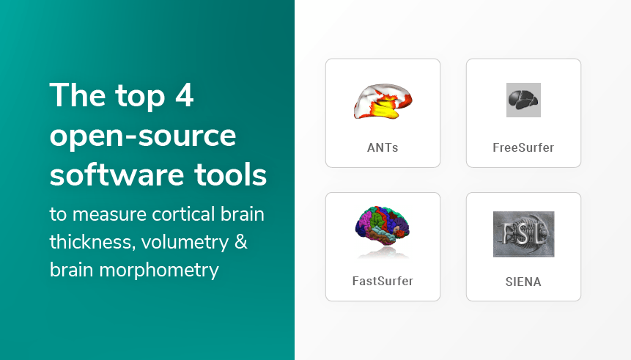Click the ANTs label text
383,147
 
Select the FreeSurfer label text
523,147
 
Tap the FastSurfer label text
383,281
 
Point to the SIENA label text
523,282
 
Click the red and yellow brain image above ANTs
383,101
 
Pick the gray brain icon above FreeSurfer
523,100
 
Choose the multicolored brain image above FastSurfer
383,227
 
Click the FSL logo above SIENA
523,234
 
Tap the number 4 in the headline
184,95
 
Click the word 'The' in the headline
78,95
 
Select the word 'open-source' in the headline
143,136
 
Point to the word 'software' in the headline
117,175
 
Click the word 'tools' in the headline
231,175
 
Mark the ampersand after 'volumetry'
240,242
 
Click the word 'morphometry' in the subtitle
159,271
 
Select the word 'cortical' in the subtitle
183,214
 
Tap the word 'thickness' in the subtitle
92,242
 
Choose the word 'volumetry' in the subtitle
185,243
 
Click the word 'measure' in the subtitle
109,215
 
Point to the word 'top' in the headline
141,97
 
